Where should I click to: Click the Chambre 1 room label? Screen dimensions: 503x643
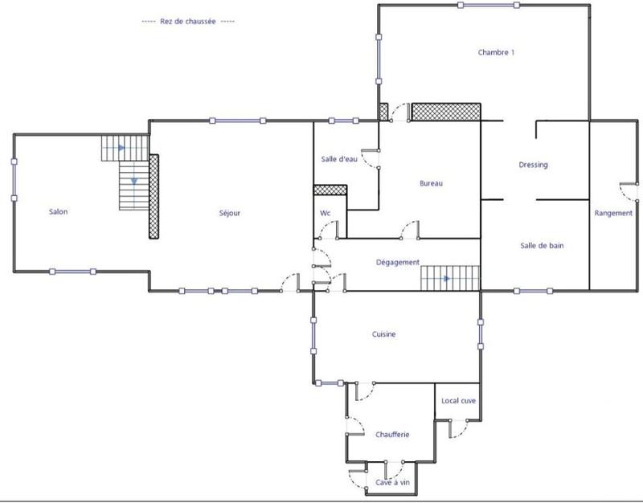(496, 53)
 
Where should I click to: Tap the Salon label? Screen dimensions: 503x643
(58, 212)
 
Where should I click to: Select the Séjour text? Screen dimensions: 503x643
(230, 213)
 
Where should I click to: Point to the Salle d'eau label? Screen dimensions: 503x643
(338, 159)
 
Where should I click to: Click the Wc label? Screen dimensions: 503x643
(326, 213)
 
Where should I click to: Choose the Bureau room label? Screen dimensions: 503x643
(432, 183)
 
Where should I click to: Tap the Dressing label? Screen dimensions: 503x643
(534, 165)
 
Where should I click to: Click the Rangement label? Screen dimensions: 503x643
(613, 213)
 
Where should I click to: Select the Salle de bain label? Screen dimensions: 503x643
(541, 246)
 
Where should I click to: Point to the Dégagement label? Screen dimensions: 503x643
(399, 262)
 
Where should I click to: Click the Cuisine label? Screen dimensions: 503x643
(383, 334)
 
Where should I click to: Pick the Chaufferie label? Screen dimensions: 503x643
(392, 434)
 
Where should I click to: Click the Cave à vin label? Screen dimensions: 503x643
(393, 483)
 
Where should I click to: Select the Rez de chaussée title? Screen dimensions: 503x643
(188, 21)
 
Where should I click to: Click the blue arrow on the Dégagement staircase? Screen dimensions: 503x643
(447, 279)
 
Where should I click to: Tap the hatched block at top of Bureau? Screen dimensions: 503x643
(446, 112)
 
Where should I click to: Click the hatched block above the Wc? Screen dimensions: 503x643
(330, 190)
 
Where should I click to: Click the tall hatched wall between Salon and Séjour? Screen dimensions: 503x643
(154, 196)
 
